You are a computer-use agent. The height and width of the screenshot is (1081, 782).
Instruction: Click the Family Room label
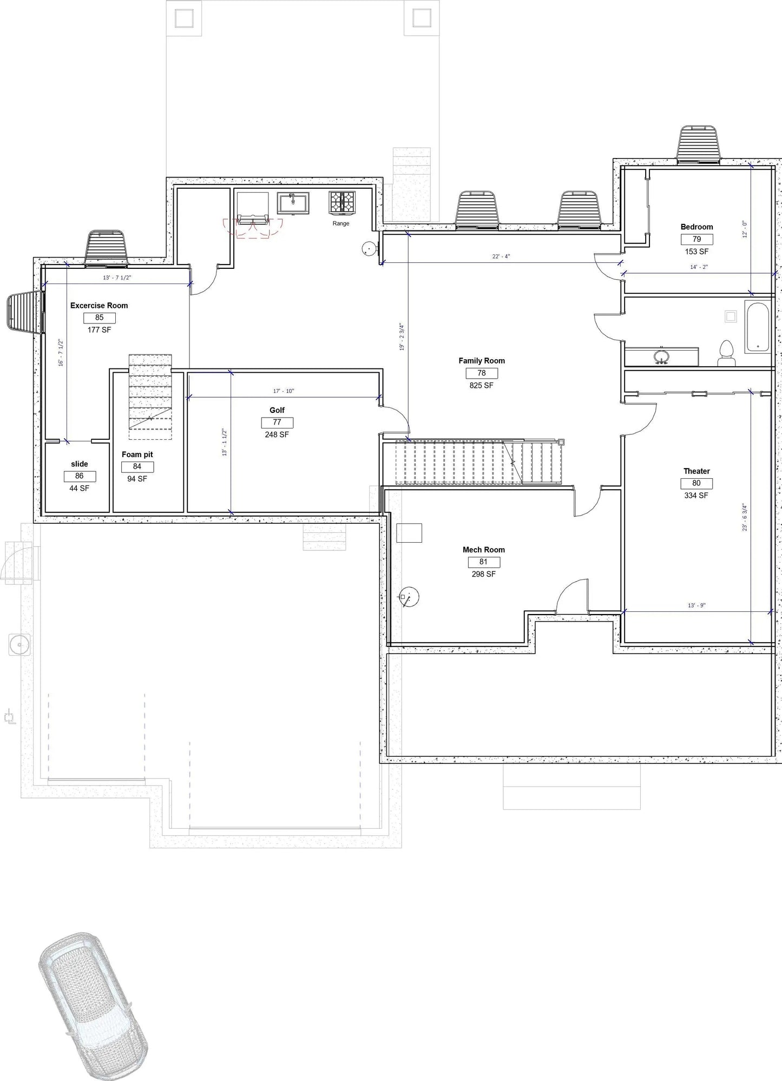481,361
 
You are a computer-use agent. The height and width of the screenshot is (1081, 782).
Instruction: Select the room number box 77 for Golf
277,423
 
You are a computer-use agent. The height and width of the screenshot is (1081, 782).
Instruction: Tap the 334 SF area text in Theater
696,496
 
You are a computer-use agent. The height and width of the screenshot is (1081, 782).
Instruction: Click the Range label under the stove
341,223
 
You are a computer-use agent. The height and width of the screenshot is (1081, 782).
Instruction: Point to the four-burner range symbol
342,202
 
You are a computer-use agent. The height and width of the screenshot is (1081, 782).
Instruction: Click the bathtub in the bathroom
757,328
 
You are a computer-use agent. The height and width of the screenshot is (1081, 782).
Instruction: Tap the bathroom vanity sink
661,357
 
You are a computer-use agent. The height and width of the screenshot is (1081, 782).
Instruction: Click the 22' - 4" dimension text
501,256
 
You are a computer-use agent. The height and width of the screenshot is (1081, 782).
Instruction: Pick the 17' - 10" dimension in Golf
284,391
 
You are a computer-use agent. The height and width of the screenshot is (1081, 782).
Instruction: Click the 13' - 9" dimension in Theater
696,605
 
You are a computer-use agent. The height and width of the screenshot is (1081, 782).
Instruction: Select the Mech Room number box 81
483,562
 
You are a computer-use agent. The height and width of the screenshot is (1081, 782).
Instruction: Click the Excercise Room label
99,306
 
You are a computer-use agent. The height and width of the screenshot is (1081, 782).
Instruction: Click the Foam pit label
137,454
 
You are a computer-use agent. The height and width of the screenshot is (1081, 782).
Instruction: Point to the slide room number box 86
80,476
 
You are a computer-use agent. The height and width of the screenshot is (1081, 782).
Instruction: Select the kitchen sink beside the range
293,203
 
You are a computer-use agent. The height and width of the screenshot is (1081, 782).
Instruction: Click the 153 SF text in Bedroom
696,252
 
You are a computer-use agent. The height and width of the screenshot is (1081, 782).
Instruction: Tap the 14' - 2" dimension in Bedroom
699,267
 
